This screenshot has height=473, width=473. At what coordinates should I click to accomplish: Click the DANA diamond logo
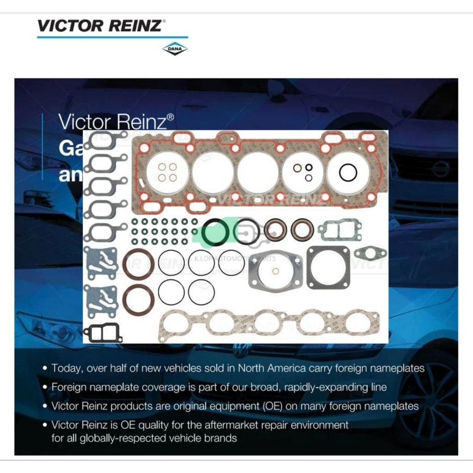(175, 49)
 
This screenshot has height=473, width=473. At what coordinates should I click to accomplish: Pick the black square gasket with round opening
(328, 267)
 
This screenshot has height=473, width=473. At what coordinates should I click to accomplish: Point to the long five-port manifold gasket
(269, 323)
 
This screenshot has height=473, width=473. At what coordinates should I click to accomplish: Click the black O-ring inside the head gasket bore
(348, 173)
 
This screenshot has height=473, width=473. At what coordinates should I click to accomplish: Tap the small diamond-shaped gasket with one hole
(370, 253)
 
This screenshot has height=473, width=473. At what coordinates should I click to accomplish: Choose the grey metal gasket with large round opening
(275, 271)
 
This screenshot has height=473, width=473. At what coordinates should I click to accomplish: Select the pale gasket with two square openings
(340, 230)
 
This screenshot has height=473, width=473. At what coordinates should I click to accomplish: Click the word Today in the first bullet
(66, 368)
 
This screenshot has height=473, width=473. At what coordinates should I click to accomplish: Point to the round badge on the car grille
(440, 169)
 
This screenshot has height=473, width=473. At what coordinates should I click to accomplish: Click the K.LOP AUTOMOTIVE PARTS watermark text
(235, 259)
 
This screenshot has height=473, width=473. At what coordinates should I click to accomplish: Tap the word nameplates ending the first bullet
(399, 368)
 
